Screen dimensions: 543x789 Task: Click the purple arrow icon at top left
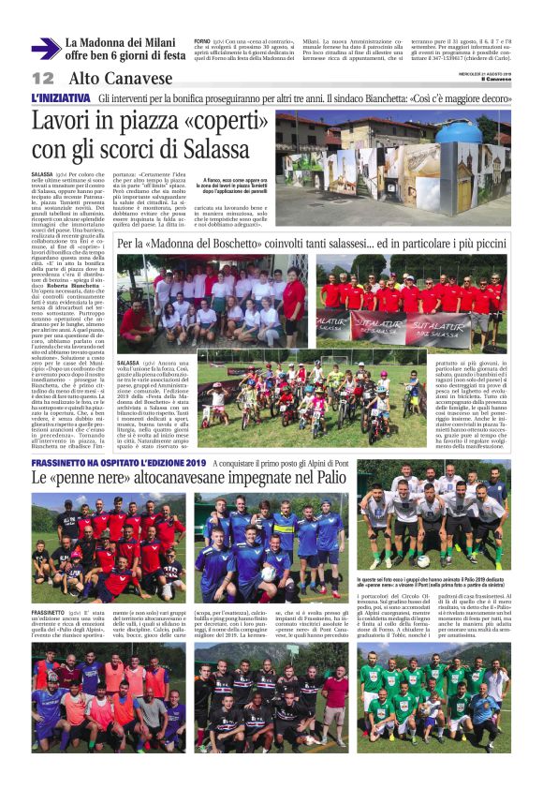(44, 49)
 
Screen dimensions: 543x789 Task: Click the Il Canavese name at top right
(497, 79)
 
